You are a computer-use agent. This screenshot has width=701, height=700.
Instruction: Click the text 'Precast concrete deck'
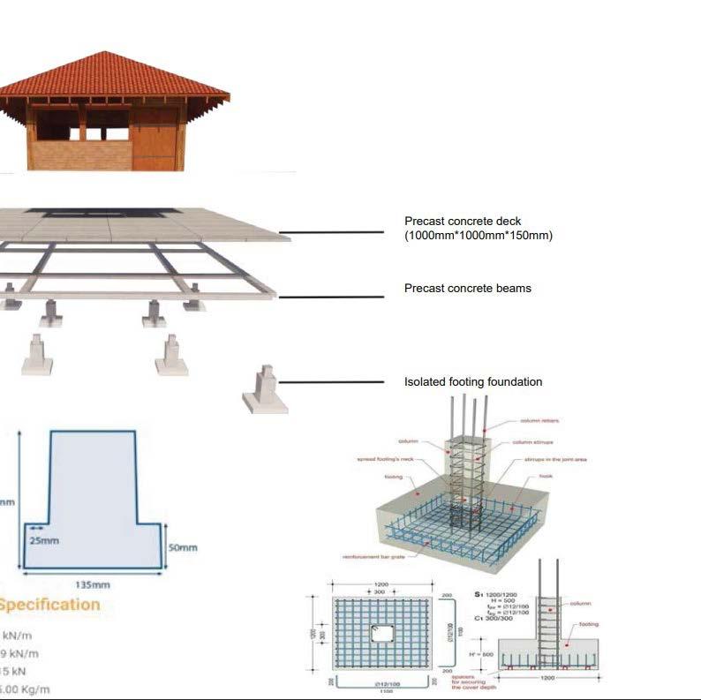coord(463,222)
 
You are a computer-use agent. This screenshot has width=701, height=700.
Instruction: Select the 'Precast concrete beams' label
coord(467,289)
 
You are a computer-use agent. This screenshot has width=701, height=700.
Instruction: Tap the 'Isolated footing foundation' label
coord(472,382)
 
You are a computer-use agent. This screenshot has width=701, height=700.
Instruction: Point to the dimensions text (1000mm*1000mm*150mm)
coord(478,236)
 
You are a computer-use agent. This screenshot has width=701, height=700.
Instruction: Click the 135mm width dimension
coord(93,584)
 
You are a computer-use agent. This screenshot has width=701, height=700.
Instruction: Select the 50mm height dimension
coord(183,548)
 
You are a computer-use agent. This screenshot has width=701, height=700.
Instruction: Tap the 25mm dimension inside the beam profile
coord(44,539)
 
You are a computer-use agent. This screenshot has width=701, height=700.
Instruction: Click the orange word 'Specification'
coord(49,605)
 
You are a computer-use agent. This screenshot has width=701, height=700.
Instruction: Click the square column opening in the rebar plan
coord(383,633)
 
